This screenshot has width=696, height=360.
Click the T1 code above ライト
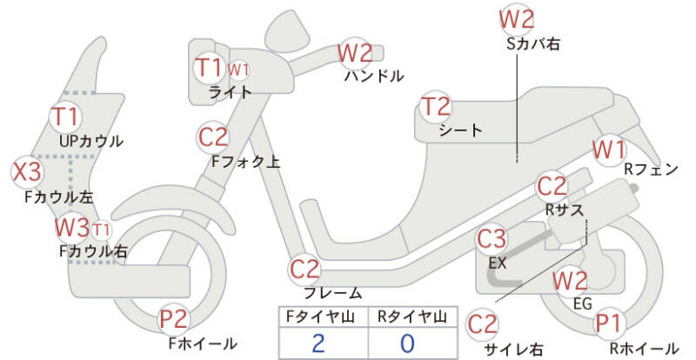[x=210, y=67]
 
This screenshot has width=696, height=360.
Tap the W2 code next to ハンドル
[x=356, y=54]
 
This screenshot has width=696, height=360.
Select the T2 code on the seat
[x=437, y=108]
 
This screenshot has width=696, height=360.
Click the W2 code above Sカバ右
[x=517, y=18]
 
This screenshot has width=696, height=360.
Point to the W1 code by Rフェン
[x=610, y=150]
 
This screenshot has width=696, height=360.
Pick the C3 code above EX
[x=492, y=238]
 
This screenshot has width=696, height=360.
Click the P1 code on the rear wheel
[x=610, y=324]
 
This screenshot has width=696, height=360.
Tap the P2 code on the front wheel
[x=173, y=320]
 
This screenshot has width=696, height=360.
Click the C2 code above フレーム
[x=306, y=269]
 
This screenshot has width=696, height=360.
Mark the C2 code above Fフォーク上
[x=214, y=137]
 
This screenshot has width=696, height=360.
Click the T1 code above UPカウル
[x=65, y=116]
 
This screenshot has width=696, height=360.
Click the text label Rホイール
[x=644, y=349]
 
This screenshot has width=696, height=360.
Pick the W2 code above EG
[x=571, y=281]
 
